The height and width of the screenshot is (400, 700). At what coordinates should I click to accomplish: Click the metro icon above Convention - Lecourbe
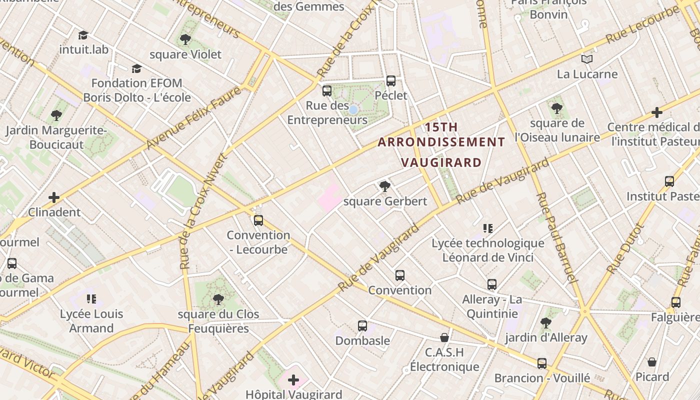point(258,220)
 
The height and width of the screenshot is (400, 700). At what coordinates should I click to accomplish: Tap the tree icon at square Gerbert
point(384,186)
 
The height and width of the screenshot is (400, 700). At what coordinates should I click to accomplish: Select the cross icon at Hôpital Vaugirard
point(293,380)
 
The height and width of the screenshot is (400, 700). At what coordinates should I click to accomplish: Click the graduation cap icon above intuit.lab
point(83,35)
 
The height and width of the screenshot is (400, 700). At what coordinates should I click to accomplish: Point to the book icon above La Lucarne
point(587,59)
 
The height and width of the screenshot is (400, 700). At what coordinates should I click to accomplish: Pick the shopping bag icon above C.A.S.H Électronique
point(444,337)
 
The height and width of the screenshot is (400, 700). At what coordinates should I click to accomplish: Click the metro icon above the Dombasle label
point(362,326)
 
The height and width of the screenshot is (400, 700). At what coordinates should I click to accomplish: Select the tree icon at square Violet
point(185,39)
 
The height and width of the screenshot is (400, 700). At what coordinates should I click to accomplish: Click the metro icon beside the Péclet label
point(391,80)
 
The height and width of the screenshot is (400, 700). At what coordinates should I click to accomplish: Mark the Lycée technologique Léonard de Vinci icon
point(488,228)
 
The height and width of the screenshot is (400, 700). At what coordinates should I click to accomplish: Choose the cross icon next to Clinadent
point(54,197)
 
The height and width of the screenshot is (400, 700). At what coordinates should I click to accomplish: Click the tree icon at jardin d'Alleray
point(546,323)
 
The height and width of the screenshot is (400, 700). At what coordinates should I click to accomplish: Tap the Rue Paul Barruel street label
point(556,237)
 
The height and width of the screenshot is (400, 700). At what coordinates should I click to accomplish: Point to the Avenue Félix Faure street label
point(193,118)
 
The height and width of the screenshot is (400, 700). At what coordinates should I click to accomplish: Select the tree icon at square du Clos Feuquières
point(218,299)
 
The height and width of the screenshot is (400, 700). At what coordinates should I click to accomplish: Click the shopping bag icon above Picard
point(652,361)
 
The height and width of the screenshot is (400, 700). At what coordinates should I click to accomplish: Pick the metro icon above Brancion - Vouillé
point(542,363)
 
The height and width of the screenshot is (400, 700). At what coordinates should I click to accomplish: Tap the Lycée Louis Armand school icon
point(91,299)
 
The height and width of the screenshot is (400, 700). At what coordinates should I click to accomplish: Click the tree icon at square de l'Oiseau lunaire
point(557,108)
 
